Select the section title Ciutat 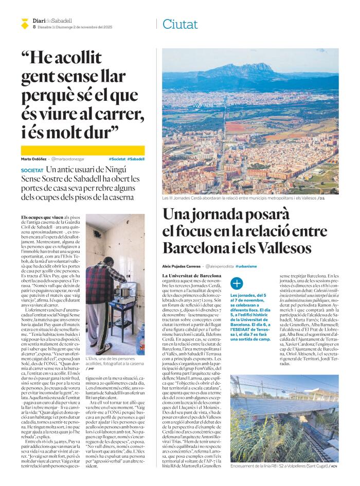click(x=179, y=24)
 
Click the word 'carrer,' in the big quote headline click(x=114, y=113)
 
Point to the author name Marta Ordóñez click(x=34, y=159)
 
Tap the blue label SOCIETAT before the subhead click(x=32, y=170)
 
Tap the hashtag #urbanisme click(x=246, y=266)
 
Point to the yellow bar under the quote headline click(x=83, y=150)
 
